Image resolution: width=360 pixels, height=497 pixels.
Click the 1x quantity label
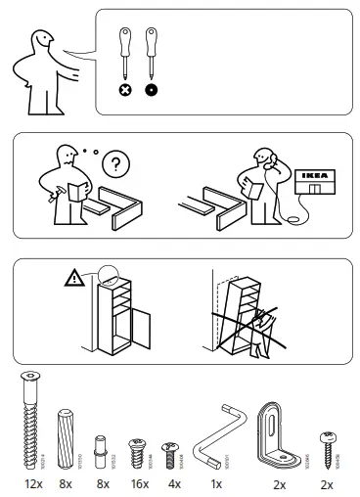pos(215,484)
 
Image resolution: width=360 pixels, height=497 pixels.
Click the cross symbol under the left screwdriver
pos(125,89)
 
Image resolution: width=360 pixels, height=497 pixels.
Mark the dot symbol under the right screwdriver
pos(152,89)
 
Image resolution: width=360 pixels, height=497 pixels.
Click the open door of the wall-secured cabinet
pos(141,328)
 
